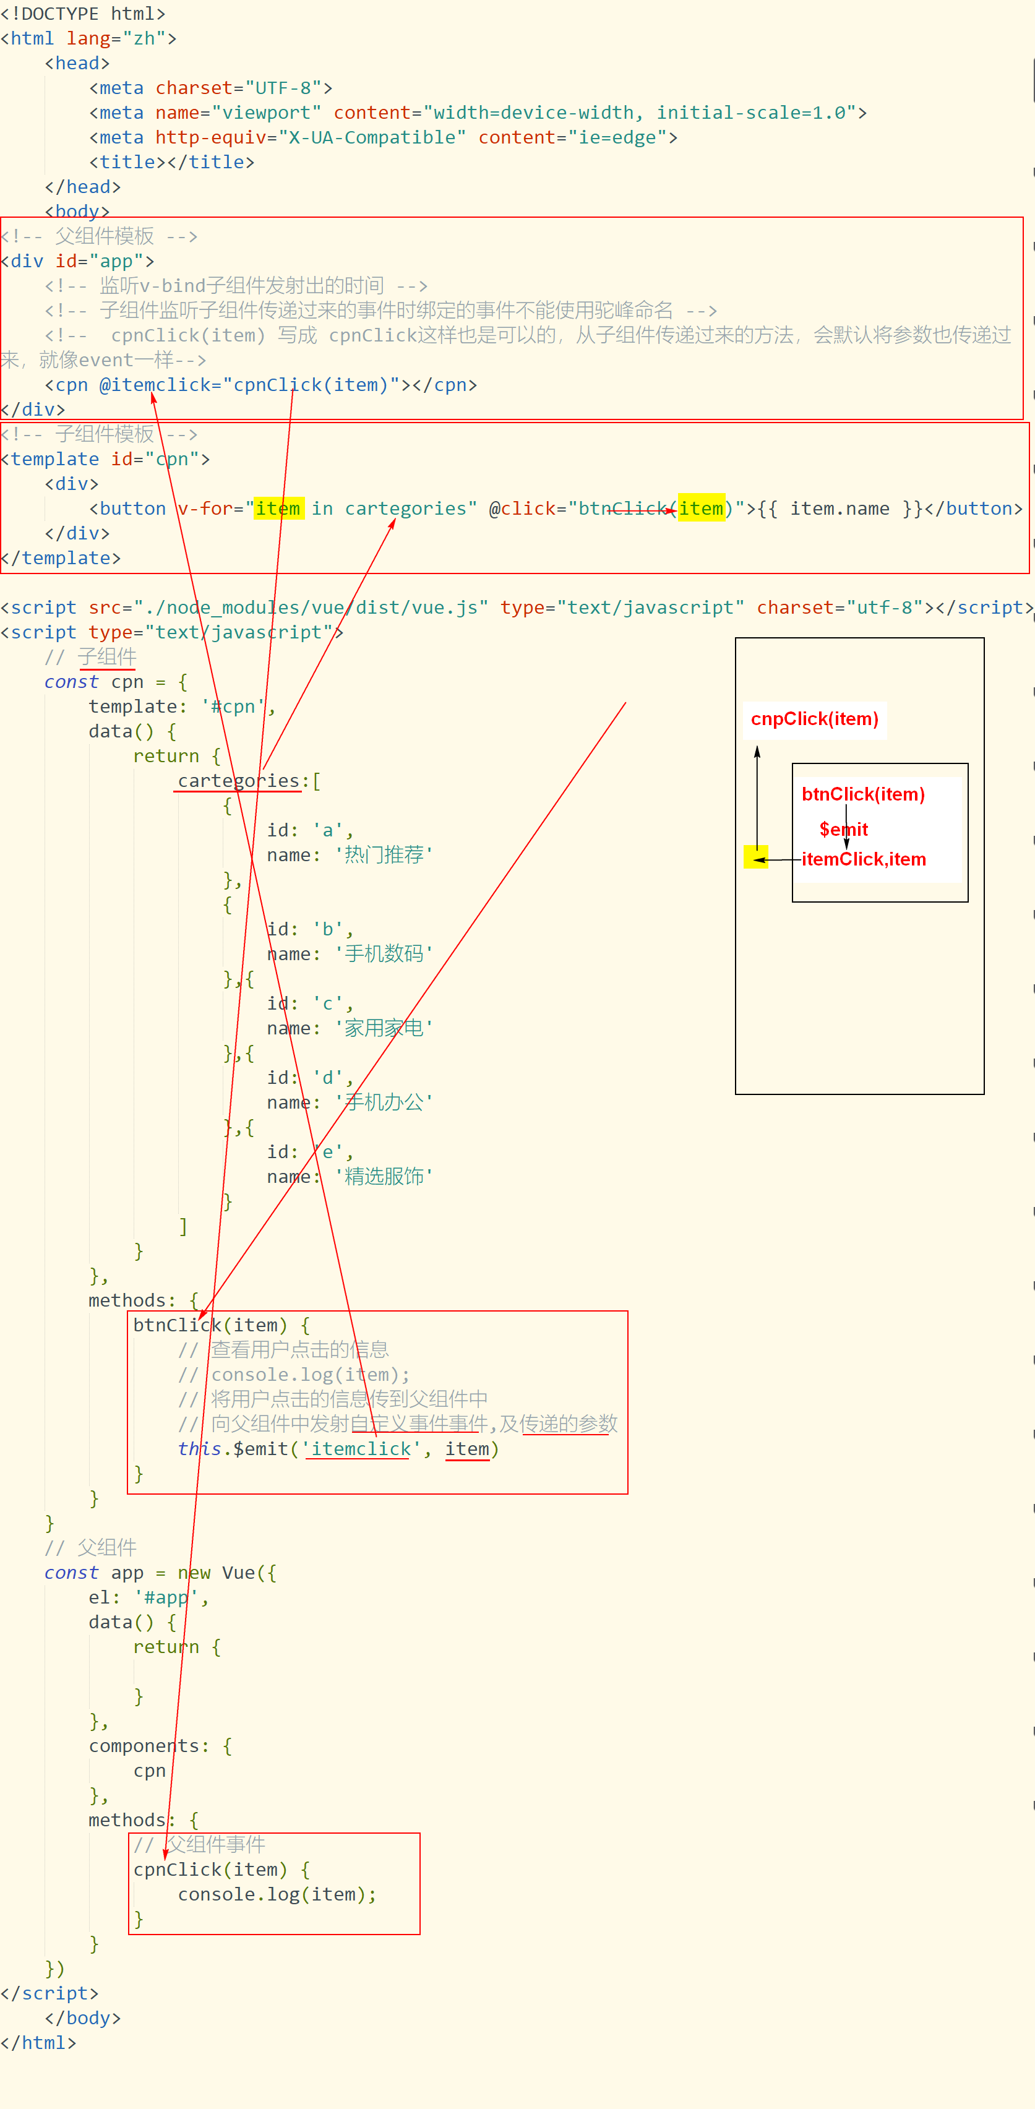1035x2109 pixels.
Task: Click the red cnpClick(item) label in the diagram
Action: pos(814,719)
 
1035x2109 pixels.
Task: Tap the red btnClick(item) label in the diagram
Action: pos(863,794)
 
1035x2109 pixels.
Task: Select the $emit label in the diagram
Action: pos(843,830)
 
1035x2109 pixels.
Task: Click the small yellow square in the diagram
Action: pos(755,857)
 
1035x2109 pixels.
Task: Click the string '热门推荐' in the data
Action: pos(384,855)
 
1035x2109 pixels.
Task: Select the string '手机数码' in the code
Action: pos(384,954)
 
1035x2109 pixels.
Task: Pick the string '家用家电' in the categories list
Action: pos(384,1028)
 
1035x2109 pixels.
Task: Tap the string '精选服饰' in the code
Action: pos(384,1177)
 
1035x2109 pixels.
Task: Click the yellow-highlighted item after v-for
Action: pos(278,509)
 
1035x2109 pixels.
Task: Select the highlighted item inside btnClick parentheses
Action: pos(702,509)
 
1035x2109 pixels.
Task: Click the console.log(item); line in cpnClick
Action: pos(277,1894)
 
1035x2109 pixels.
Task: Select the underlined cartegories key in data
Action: pos(238,781)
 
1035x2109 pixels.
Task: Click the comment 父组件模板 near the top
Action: pos(104,236)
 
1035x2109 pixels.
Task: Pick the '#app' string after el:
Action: pos(165,1597)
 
